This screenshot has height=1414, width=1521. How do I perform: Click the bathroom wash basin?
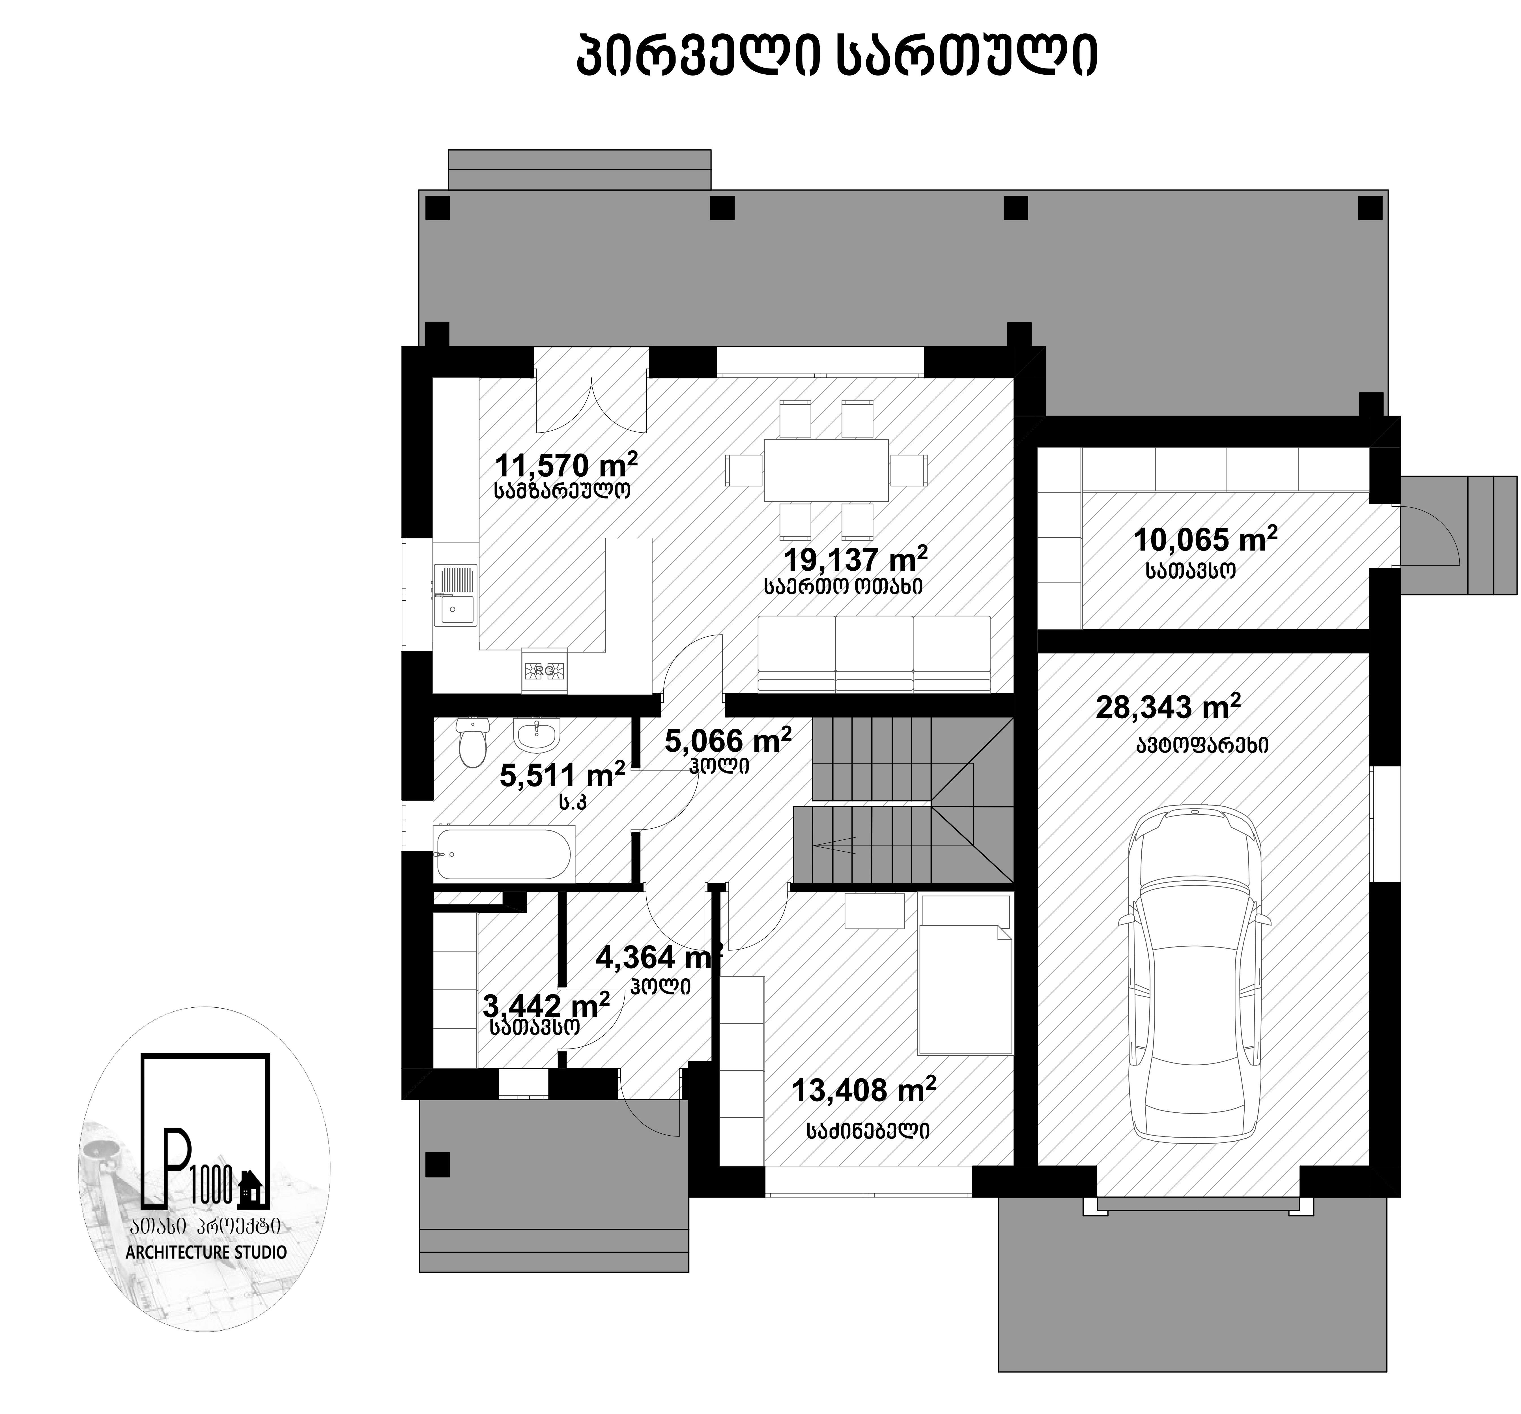(x=537, y=735)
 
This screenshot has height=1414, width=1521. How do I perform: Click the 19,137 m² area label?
(x=855, y=559)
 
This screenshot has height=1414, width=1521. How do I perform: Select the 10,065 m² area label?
(x=1205, y=540)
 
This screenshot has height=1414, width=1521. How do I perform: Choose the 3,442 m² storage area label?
(x=546, y=1005)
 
